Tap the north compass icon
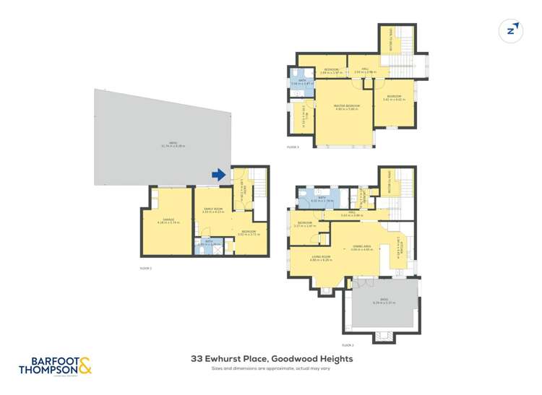tap(512, 30)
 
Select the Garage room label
tap(167, 220)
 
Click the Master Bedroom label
tap(346, 106)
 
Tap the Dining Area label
tap(361, 246)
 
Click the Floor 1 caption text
tap(146, 268)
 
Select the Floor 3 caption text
tap(293, 147)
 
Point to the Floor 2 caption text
tap(348, 345)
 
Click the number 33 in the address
tap(196, 358)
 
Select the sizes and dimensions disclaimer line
tap(270, 369)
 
